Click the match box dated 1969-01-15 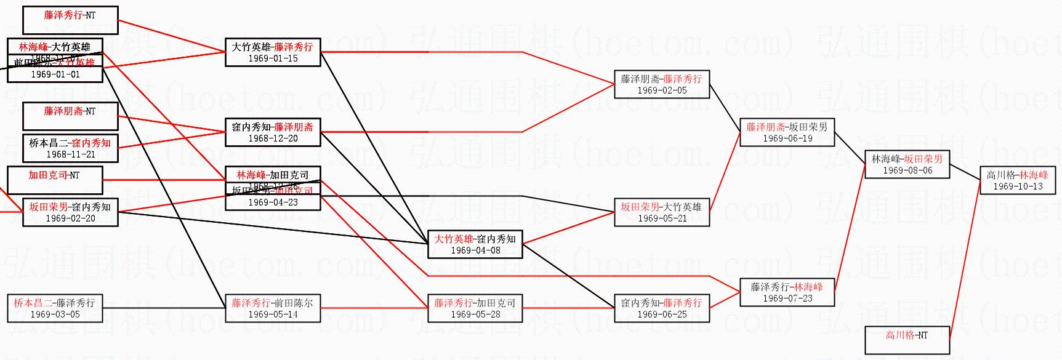(x=273, y=52)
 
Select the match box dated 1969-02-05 (x=662, y=84)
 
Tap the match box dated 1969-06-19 (x=787, y=132)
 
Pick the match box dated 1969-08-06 (x=907, y=164)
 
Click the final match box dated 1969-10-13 (x=1018, y=180)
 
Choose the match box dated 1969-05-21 (x=662, y=212)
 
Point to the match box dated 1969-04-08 (x=475, y=244)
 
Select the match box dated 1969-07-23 (x=787, y=292)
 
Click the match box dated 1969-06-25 (x=662, y=308)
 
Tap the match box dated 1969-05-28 (x=475, y=308)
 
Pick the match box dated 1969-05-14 (x=273, y=308)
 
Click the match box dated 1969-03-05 (x=55, y=308)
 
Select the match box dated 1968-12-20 (x=273, y=132)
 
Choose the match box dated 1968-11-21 (x=70, y=148)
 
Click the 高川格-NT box (x=907, y=340)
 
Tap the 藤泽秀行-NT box (x=70, y=20)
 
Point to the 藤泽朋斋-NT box (x=70, y=116)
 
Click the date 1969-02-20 (x=70, y=218)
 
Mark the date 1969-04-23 (x=273, y=202)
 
